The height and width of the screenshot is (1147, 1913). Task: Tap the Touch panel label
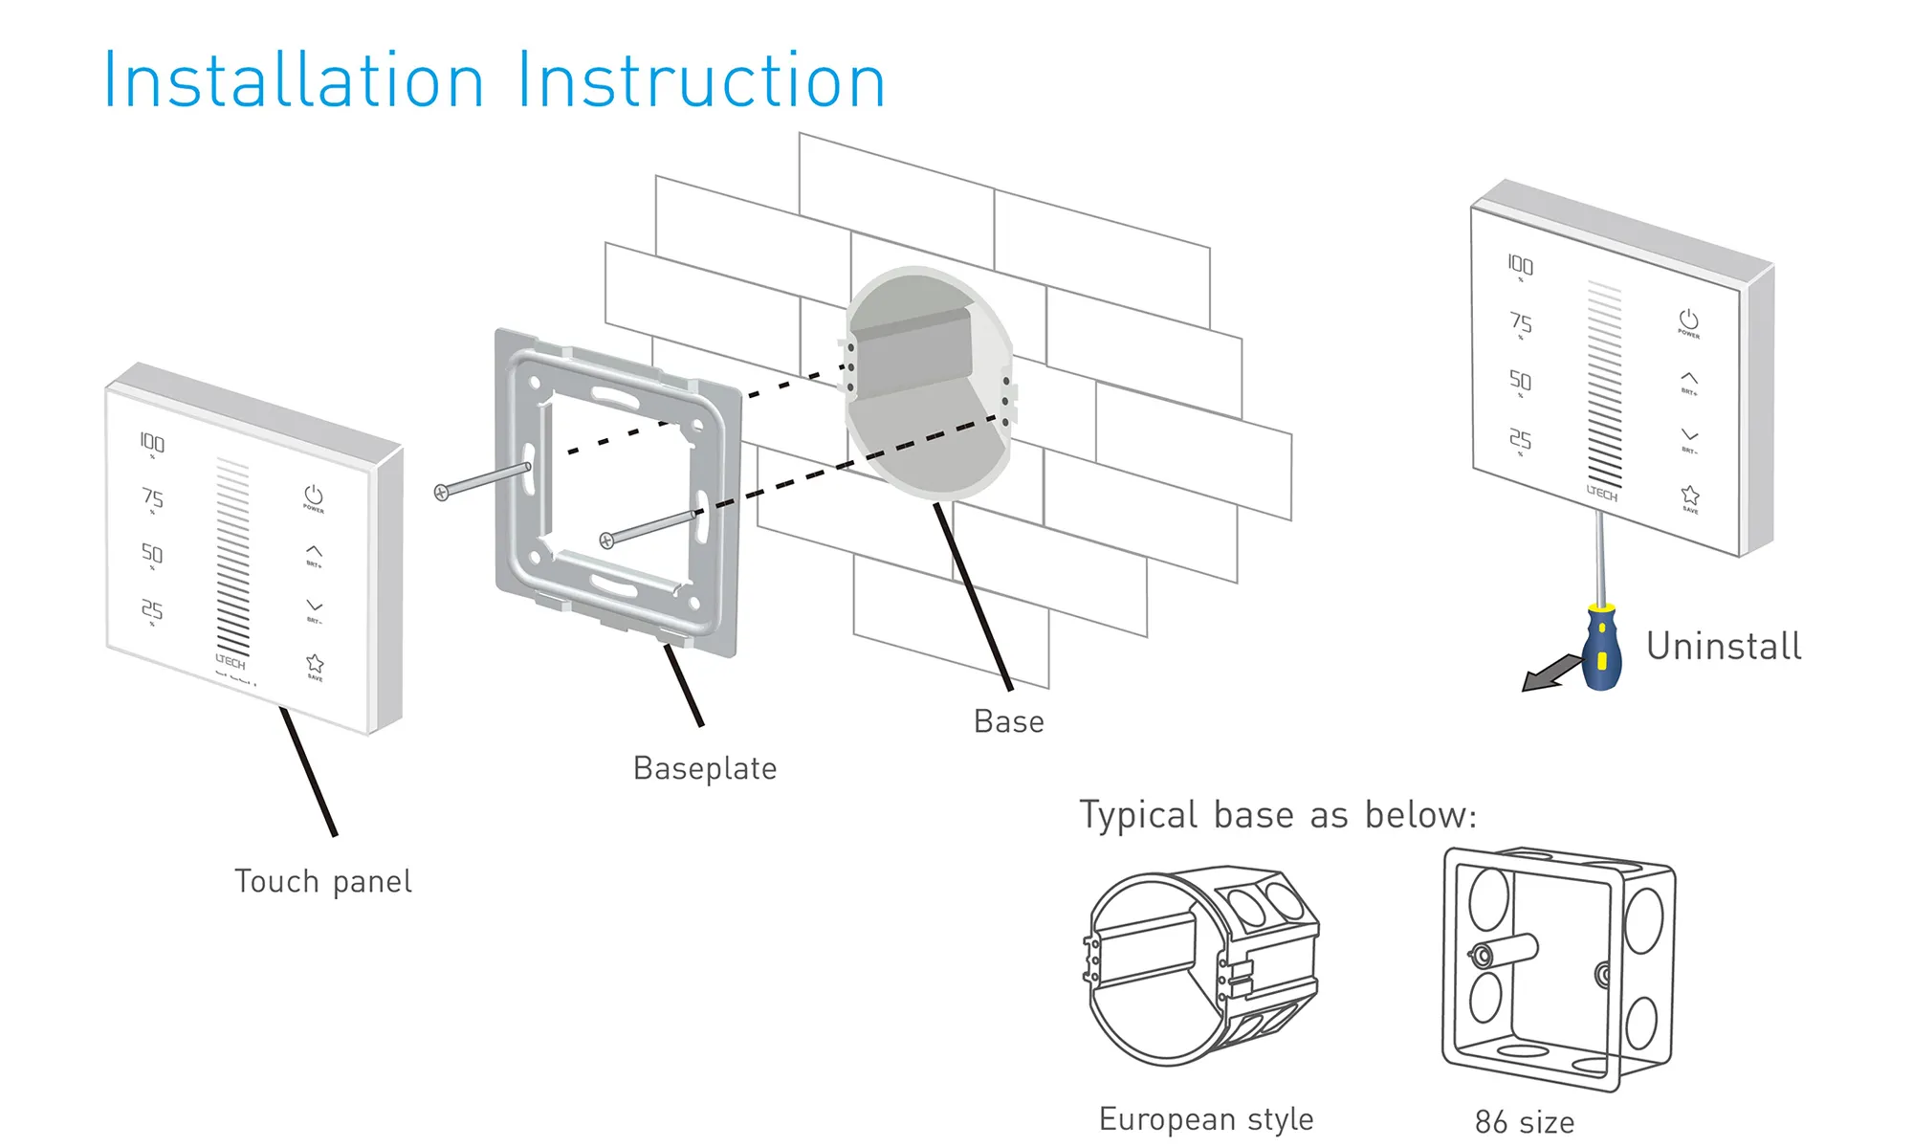pos(323,881)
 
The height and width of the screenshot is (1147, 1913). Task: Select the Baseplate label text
pos(705,768)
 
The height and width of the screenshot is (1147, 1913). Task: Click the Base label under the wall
pos(1008,721)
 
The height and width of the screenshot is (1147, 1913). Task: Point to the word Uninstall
pos(1724,647)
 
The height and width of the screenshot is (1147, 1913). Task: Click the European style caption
pos(1206,1119)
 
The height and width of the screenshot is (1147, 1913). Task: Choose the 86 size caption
pos(1525,1122)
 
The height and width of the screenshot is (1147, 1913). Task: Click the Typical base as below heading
pos(1278,815)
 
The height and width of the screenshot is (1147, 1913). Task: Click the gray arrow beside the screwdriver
pos(1550,672)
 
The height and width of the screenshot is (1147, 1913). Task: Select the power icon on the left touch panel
pos(314,495)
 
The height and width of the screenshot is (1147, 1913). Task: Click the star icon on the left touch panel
pos(315,663)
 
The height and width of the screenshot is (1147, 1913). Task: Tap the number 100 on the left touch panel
pos(152,442)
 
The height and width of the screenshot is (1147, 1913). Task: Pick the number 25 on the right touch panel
pos(1520,439)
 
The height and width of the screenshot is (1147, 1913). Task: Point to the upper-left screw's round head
pos(441,493)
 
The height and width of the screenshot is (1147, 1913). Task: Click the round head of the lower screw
pos(606,540)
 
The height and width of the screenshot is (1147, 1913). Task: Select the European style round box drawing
pos(1202,966)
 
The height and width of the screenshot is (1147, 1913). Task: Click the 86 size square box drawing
pos(1558,968)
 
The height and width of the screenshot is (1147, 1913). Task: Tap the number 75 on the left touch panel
pos(152,497)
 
